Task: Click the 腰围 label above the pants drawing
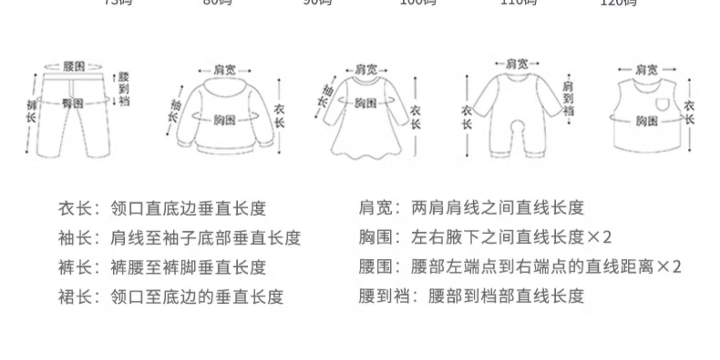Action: pyautogui.click(x=73, y=66)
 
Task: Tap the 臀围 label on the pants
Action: pyautogui.click(x=72, y=103)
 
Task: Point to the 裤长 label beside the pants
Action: pyautogui.click(x=31, y=111)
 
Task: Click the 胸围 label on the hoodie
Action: pyautogui.click(x=225, y=120)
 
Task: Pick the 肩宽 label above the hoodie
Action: pyautogui.click(x=225, y=70)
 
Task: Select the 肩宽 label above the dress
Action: pyautogui.click(x=367, y=70)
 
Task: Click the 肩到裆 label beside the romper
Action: pyautogui.click(x=568, y=99)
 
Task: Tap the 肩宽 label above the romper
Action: pyautogui.click(x=517, y=63)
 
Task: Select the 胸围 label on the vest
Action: pyautogui.click(x=647, y=120)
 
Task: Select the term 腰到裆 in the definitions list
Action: pyautogui.click(x=384, y=296)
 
